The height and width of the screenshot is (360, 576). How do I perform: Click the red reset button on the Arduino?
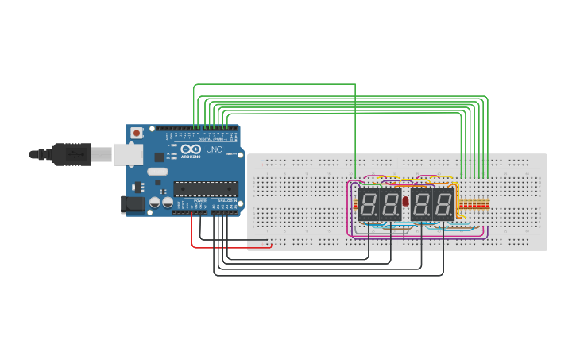137,133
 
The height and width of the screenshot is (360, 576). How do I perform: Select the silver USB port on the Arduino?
127,153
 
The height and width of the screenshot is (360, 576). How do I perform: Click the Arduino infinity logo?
191,149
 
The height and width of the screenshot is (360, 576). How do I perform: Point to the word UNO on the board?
214,149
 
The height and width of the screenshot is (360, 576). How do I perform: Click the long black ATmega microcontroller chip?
206,188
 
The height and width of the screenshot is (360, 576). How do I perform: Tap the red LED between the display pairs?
406,202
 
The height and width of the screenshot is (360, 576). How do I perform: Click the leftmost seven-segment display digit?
369,204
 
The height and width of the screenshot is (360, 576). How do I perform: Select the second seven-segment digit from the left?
390,204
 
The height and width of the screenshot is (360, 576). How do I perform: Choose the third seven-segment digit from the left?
422,204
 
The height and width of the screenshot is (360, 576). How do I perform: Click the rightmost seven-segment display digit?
443,204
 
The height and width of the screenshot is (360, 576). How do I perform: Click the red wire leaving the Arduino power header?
192,230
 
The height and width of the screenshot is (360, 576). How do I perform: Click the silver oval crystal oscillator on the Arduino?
157,172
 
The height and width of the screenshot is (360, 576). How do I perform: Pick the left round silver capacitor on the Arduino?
155,203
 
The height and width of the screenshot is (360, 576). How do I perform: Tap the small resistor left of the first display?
354,204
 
